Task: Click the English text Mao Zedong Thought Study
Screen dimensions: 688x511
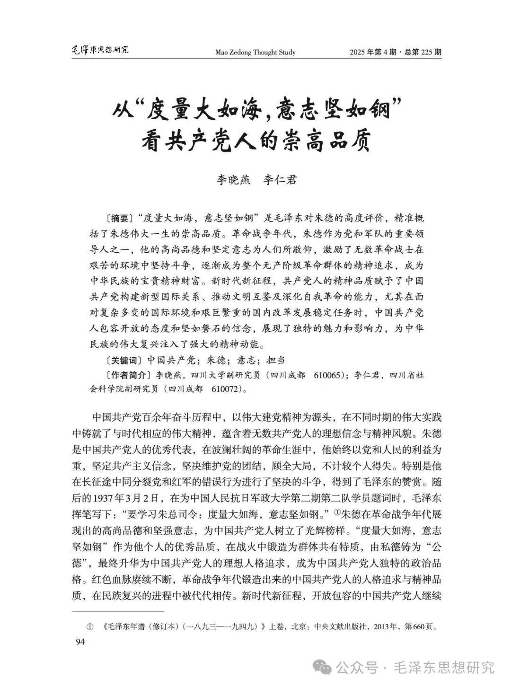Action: (255, 52)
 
